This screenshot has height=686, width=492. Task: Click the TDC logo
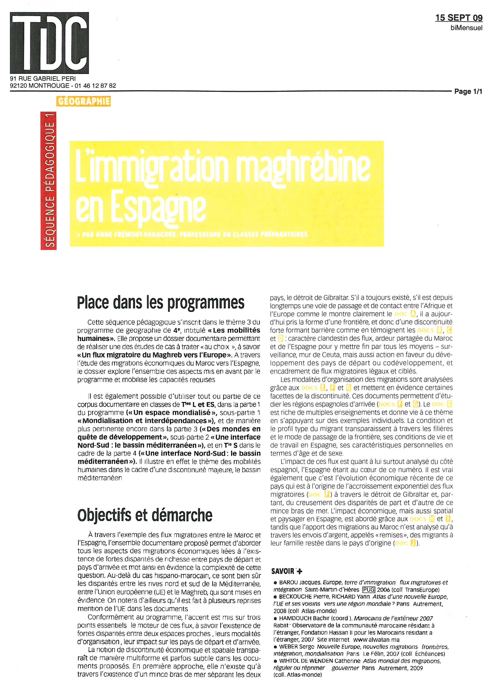(49, 43)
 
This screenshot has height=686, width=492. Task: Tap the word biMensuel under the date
(466, 28)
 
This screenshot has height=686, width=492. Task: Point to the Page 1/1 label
(468, 91)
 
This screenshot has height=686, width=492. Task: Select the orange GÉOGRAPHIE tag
(83, 101)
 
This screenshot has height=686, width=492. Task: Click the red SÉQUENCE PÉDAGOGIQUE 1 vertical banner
(48, 180)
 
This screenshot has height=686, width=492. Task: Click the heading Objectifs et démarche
(145, 515)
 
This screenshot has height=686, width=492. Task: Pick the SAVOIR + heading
(287, 571)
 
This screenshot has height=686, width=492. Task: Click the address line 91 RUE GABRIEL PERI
(43, 79)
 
